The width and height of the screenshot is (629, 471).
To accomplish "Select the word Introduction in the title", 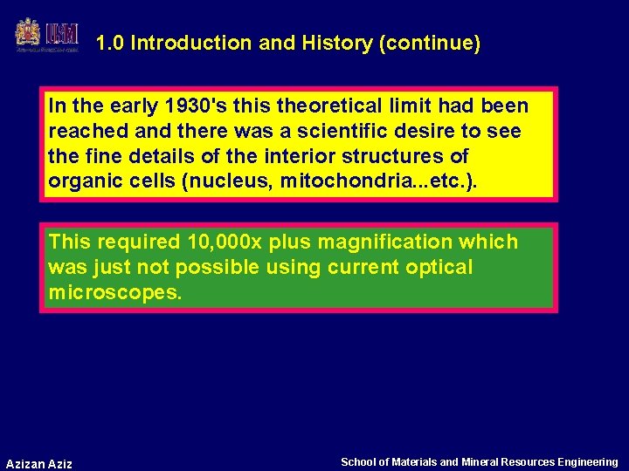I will coord(181,43).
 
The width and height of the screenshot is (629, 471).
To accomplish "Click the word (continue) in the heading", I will coord(430,43).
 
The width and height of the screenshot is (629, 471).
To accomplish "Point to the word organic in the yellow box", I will coord(82,182).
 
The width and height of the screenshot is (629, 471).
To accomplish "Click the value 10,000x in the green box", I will coord(214,242).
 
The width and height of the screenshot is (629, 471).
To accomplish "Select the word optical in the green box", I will coord(439,267).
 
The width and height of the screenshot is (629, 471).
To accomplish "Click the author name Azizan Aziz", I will coord(39,463).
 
